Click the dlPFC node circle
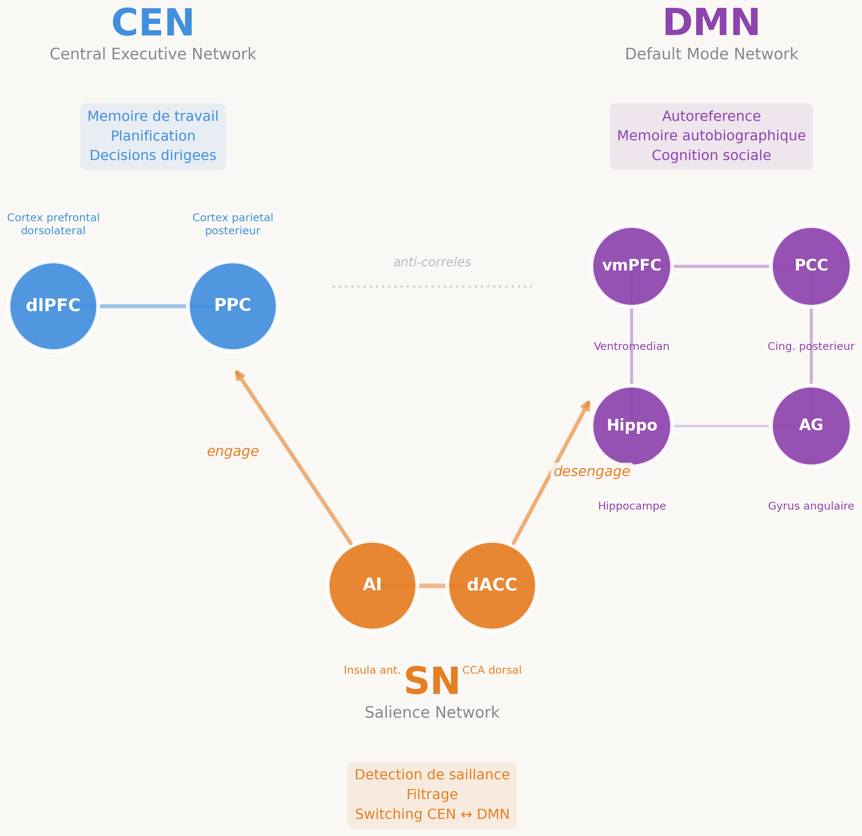[53, 306]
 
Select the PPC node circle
[233, 306]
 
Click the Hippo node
[632, 426]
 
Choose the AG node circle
[811, 426]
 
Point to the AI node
[372, 586]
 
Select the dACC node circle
[492, 586]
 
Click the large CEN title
[152, 24]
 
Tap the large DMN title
[711, 24]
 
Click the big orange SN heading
[432, 682]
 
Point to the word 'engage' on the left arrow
[233, 451]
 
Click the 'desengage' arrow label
[592, 472]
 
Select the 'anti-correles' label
[432, 262]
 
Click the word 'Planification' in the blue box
[152, 136]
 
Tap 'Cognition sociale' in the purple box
[711, 155]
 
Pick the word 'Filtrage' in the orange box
[432, 795]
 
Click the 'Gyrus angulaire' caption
[811, 506]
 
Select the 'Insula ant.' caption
[372, 670]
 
